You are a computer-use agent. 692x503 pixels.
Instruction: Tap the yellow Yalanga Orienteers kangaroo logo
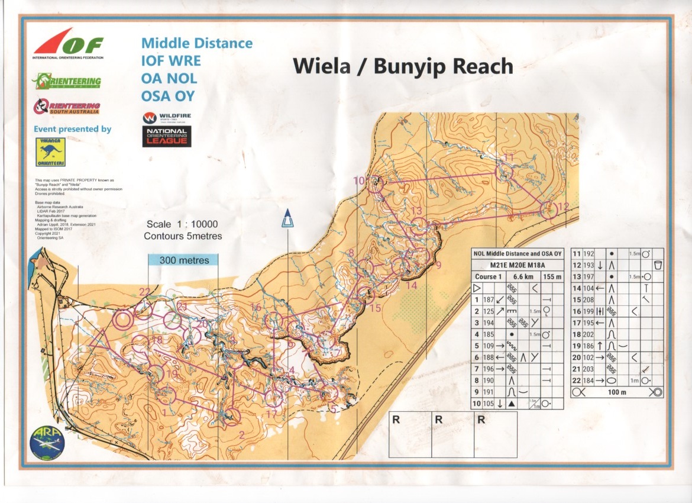tap(50, 152)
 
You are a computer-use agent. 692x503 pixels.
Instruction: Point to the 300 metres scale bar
tap(184, 260)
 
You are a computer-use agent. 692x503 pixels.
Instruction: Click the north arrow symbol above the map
tap(287, 218)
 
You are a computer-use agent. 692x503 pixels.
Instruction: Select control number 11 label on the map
tap(509, 157)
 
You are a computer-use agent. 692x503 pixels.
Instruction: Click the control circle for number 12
tap(548, 210)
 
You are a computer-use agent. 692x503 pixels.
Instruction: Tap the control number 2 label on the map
tap(241, 435)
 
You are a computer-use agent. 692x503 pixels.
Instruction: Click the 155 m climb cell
tap(553, 277)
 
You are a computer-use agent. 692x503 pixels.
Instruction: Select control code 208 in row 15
tap(589, 300)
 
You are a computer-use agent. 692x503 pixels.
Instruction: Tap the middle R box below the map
tap(439, 420)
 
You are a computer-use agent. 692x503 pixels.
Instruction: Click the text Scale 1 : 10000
tap(182, 224)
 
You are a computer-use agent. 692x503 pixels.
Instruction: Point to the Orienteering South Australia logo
tap(67, 107)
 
